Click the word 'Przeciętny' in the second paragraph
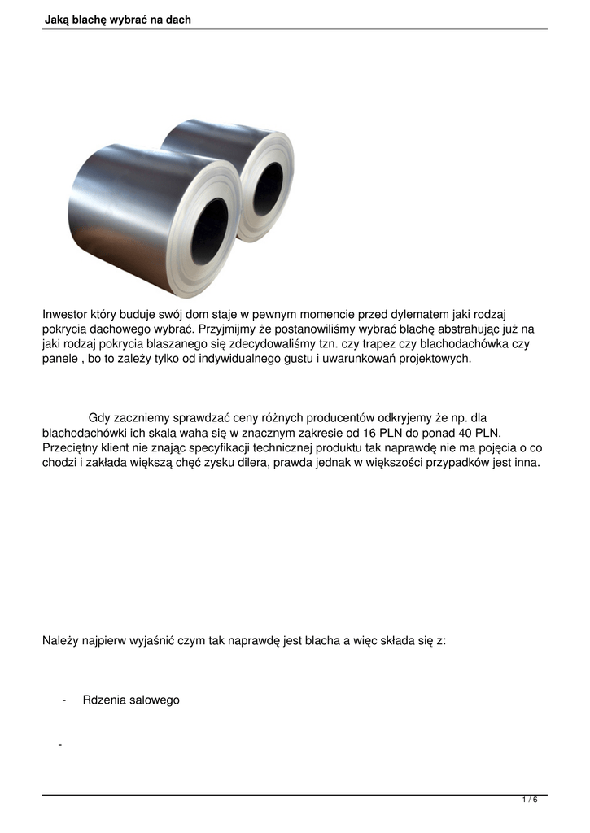coord(70,448)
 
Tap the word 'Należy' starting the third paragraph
coord(60,640)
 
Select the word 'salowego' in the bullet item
coord(153,700)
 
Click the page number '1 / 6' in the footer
coord(530,800)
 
